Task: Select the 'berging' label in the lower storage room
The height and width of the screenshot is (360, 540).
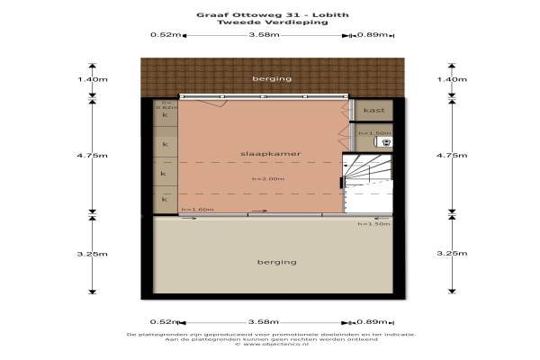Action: (275, 263)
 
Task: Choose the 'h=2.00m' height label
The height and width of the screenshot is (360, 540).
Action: (268, 178)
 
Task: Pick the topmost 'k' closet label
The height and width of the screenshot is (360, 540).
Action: (164, 116)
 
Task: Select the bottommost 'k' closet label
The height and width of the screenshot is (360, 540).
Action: (164, 198)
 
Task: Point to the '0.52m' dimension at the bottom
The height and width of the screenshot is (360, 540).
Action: (163, 321)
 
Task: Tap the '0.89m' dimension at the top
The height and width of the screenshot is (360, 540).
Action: (372, 35)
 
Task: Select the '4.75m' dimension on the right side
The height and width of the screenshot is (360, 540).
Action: (451, 156)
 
